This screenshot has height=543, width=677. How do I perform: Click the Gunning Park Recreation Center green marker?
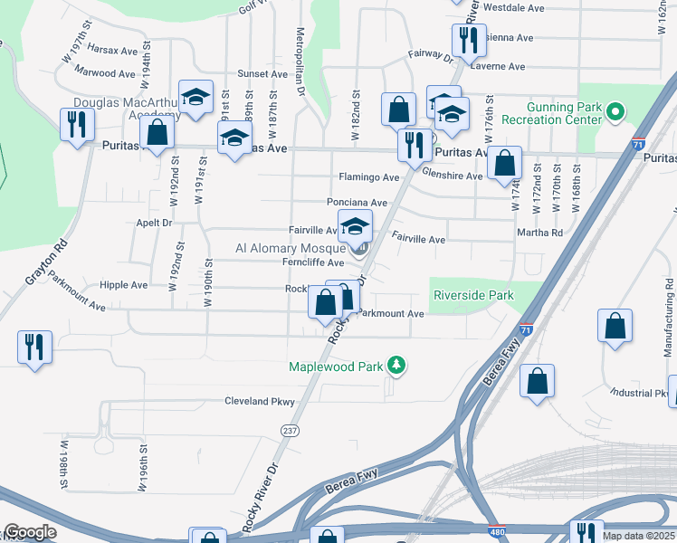615,113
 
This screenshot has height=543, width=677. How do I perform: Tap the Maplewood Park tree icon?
396,366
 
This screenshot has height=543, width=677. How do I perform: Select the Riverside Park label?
473,295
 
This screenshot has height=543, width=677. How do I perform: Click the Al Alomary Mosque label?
291,247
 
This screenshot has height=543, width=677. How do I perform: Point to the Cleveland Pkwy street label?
260,401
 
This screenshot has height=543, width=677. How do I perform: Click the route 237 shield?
290,430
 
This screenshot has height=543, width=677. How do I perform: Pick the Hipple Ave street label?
124,284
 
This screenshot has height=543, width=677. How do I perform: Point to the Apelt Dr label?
154,222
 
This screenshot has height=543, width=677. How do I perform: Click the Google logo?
31,532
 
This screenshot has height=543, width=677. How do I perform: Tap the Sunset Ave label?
262,73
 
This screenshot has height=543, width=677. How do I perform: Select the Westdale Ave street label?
513,6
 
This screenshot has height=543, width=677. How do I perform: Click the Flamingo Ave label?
368,176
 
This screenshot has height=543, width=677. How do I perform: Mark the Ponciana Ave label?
358,203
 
